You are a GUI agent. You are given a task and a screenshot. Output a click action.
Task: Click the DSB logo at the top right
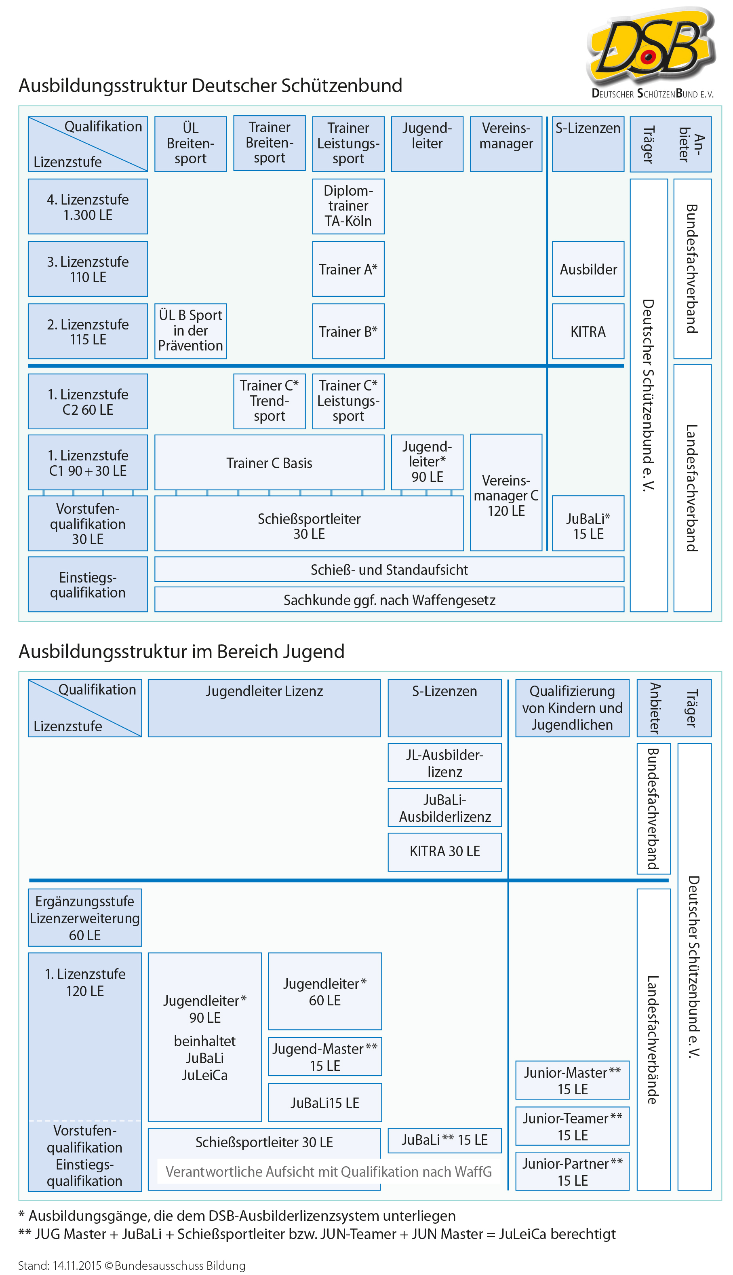[x=651, y=51]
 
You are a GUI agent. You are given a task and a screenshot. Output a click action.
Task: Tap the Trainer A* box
[x=348, y=269]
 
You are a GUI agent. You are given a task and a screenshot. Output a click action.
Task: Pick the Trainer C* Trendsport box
[x=270, y=401]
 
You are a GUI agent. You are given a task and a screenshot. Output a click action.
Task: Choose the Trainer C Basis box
[x=270, y=463]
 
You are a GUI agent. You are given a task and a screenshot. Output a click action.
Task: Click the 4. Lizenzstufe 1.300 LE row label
[x=88, y=207]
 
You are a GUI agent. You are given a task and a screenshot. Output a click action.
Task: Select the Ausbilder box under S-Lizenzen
[x=588, y=269]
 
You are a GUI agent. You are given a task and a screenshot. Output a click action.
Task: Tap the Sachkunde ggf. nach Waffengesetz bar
[x=389, y=600]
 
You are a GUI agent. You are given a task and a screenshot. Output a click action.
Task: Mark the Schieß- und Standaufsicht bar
[x=389, y=570]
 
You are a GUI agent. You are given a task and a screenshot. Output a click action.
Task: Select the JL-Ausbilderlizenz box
[x=444, y=763]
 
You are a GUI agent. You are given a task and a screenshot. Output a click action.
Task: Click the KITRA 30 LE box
[x=444, y=851]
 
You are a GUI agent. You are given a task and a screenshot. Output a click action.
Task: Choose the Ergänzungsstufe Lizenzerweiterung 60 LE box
[x=84, y=918]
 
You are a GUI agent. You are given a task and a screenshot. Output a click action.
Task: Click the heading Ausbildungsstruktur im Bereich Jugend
[x=181, y=652]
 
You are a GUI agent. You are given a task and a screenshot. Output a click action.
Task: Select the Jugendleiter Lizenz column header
[x=264, y=707]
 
